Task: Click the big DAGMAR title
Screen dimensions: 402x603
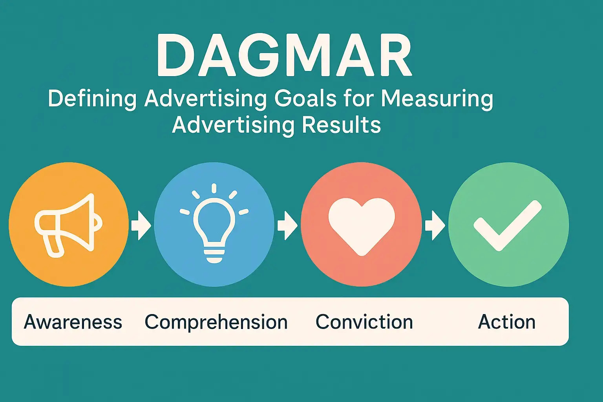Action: (x=284, y=56)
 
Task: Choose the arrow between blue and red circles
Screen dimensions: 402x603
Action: (x=287, y=225)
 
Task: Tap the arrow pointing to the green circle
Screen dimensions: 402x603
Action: (x=434, y=225)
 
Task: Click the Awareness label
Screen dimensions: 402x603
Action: (x=73, y=322)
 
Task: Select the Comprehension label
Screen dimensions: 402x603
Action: (x=216, y=322)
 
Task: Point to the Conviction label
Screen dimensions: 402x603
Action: (x=364, y=322)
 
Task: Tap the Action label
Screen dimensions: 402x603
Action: (x=506, y=322)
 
